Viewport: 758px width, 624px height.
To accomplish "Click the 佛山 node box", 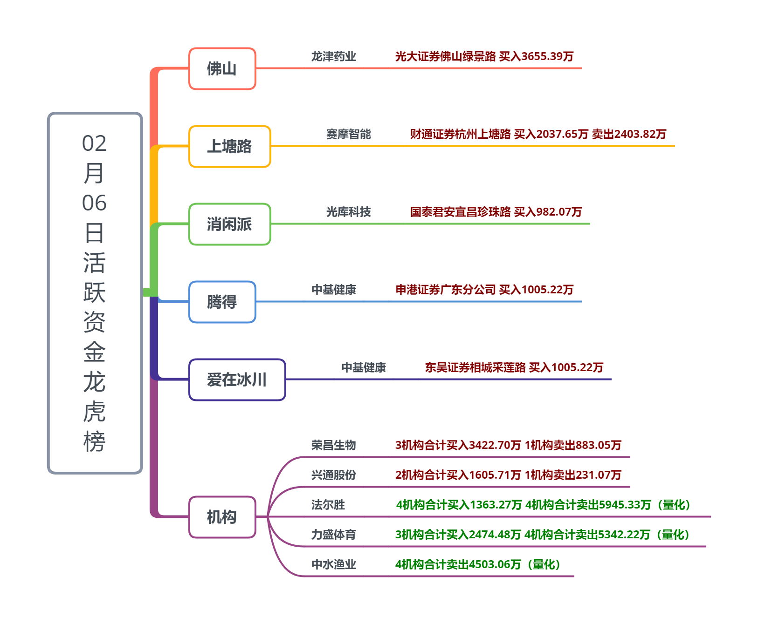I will (222, 68).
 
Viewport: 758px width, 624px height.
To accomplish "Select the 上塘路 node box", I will (229, 146).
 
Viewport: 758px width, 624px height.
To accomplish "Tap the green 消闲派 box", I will (229, 224).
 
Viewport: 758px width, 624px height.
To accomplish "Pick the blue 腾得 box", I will (222, 302).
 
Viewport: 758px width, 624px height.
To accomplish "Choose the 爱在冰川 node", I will (237, 380).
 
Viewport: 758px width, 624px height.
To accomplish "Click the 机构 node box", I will (222, 517).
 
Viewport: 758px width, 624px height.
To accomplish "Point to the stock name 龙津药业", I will (333, 56).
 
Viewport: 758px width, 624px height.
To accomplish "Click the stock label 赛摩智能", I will (348, 134).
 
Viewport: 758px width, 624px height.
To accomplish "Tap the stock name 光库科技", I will (348, 212).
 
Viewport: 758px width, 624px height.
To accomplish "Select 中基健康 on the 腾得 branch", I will (333, 290).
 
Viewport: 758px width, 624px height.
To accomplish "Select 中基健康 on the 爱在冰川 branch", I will (363, 367).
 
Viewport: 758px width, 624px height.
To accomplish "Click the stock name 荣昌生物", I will (333, 445).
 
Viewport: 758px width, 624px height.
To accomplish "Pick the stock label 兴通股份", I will (333, 475).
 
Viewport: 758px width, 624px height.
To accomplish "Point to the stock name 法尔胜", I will (328, 505).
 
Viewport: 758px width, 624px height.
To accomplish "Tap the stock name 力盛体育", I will (333, 535).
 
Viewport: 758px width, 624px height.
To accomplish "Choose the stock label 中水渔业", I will (333, 564).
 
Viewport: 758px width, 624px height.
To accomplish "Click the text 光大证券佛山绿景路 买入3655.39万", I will (484, 56).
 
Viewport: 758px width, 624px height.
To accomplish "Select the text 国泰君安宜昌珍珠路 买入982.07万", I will (496, 212).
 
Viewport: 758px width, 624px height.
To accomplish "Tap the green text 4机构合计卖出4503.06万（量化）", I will (477, 564).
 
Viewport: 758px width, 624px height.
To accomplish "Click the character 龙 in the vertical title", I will (95, 382).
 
